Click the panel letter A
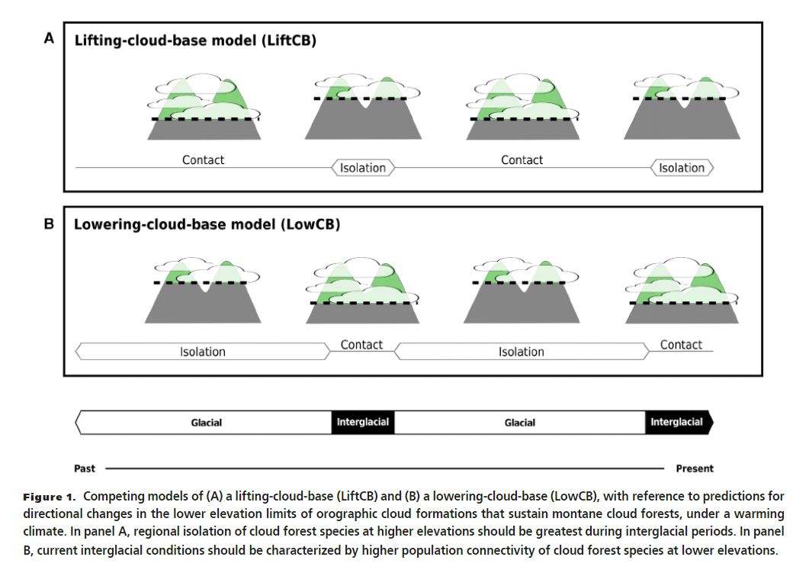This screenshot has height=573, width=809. coord(49,38)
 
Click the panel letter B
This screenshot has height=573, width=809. coord(49,225)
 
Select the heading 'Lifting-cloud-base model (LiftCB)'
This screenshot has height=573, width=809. coord(194,40)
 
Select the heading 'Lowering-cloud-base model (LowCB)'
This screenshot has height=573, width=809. coord(207,225)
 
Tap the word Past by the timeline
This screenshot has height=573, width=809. coord(85,468)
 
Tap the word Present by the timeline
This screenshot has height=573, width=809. coord(695,468)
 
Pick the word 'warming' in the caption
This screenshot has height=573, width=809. coord(731,513)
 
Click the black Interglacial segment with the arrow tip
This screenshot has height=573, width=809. coord(679,422)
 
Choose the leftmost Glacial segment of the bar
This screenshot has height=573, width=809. coord(206,422)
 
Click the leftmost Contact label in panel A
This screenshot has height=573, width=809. coord(204,160)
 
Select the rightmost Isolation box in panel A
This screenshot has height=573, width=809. coord(682,168)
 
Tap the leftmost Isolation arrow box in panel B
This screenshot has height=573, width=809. coord(203,352)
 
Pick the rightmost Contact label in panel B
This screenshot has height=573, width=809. coord(681,345)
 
